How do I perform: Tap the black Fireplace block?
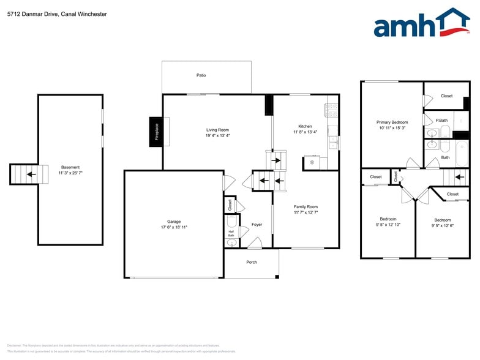click(156, 132)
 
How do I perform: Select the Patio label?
click(201, 75)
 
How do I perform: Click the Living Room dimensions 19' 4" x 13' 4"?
click(217, 135)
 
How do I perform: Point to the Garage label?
click(174, 222)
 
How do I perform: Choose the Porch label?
click(252, 262)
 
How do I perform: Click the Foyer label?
click(257, 225)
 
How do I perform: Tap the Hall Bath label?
click(231, 233)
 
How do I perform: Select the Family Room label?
click(306, 207)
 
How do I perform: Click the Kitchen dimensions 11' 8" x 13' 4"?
click(306, 132)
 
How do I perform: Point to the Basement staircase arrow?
click(29, 174)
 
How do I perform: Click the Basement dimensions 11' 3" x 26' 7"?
click(70, 173)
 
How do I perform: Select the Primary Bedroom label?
click(392, 122)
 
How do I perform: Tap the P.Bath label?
click(441, 120)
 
